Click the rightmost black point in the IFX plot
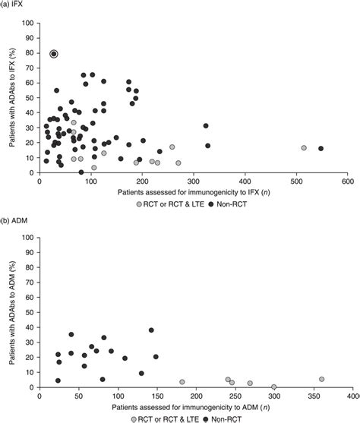click(x=321, y=149)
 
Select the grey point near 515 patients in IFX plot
click(x=304, y=148)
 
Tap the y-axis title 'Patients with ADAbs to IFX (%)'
click(x=11, y=97)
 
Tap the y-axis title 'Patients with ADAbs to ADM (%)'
click(x=11, y=311)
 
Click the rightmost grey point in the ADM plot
click(x=321, y=379)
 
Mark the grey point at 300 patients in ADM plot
click(x=274, y=387)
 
